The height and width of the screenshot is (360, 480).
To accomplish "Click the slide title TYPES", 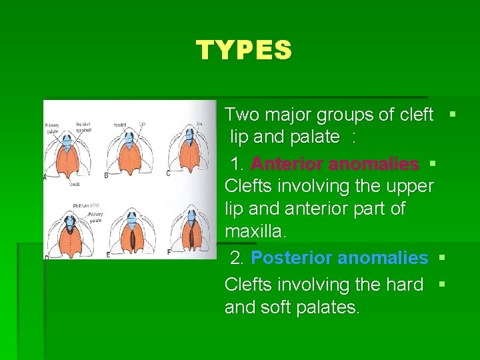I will [x=243, y=51].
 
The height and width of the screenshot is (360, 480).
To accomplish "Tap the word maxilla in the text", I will [x=253, y=232].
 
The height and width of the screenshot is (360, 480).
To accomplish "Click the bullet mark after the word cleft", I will [x=453, y=115].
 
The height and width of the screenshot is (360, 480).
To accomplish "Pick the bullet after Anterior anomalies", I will [x=432, y=163].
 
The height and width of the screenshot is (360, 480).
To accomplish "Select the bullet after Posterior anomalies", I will [x=441, y=257].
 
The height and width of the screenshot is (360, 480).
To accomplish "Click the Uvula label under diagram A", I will [x=74, y=183].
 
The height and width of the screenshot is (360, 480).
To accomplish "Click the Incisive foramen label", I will [x=83, y=127].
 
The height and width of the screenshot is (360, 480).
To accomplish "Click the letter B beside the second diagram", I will [x=106, y=175].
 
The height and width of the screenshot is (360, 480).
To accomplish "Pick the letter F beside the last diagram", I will [x=169, y=253].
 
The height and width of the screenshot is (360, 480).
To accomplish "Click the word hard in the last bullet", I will [x=407, y=285].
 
